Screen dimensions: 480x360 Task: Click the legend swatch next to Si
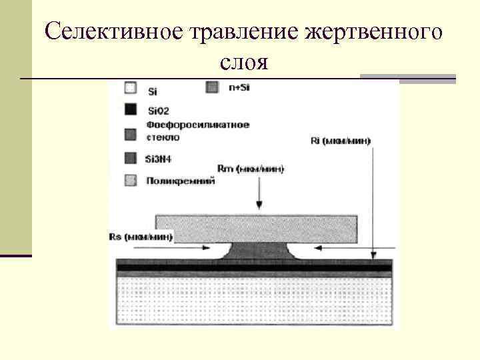[x=131, y=87]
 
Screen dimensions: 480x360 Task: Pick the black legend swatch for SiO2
[x=131, y=109]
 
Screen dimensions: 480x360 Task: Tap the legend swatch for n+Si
[x=213, y=87]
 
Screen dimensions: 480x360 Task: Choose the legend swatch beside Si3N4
[x=131, y=158]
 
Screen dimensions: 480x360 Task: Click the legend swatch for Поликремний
[x=131, y=180]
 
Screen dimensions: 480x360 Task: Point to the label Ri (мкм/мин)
[x=341, y=141]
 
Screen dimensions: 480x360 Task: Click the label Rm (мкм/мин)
[x=251, y=169]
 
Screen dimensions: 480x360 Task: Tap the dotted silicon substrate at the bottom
[x=253, y=300]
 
